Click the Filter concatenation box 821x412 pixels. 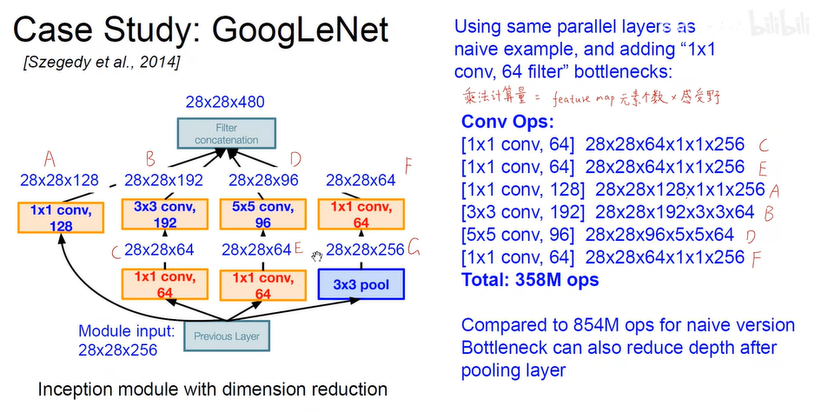point(226,134)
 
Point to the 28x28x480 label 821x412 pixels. point(225,102)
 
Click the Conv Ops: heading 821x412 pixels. point(501,122)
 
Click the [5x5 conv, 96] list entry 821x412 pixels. point(519,235)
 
